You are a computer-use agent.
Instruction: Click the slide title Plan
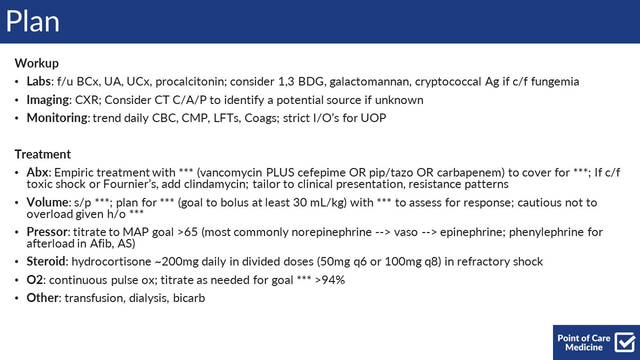[x=33, y=21]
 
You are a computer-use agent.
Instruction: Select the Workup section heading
[x=37, y=63]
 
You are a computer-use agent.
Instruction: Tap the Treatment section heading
[x=43, y=154]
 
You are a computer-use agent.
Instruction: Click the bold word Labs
[x=38, y=82]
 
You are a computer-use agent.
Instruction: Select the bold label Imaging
[x=47, y=100]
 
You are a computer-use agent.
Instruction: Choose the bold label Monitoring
[x=57, y=118]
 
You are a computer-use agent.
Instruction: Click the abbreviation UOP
[x=373, y=118]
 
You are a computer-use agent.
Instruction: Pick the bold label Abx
[x=37, y=173]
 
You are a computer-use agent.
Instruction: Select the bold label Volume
[x=47, y=202]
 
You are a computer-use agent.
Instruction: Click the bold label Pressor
[x=47, y=231]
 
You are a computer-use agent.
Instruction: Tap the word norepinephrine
[x=331, y=233]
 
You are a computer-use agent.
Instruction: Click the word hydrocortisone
[x=111, y=262]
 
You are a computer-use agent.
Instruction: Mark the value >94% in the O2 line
[x=330, y=280]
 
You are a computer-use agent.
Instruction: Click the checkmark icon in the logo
[x=625, y=342]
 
